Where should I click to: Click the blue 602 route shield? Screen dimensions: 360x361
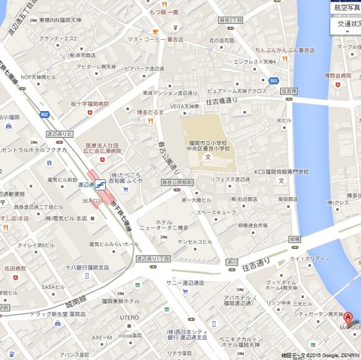coord(44,114)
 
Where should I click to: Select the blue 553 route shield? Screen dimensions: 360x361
coord(273,80)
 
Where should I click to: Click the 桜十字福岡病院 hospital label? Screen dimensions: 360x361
coord(89,103)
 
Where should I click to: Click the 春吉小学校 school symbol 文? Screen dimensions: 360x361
coord(207,157)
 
